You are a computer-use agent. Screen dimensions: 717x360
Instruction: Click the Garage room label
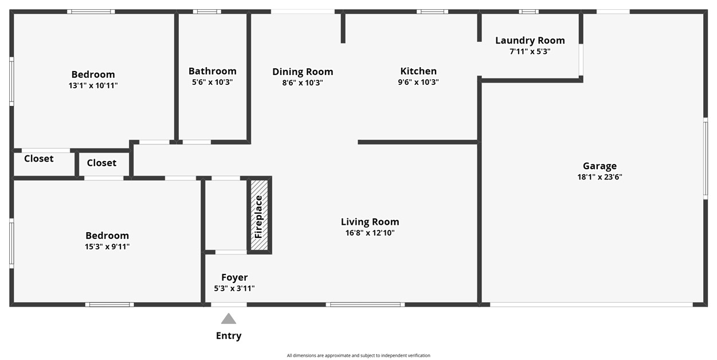point(600,166)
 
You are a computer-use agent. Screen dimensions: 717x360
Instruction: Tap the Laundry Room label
point(530,40)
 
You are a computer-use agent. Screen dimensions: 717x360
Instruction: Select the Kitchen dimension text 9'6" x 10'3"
point(418,82)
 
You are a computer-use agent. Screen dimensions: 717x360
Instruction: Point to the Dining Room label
point(303,72)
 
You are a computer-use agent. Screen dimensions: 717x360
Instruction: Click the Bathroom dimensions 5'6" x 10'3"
point(212,82)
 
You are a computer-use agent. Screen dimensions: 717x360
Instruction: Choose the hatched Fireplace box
point(259,214)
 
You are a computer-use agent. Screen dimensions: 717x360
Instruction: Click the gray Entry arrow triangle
point(229,319)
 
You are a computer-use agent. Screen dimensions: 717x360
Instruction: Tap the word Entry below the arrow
point(229,336)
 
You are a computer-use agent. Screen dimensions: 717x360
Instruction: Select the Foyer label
point(234,277)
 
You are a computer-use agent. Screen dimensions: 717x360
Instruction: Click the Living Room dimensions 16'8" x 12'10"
point(370,233)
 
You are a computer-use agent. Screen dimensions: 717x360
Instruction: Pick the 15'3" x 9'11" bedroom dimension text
point(107,246)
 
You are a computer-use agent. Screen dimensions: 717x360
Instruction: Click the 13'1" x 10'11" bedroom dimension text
point(93,85)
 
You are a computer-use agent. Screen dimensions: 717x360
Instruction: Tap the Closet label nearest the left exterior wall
point(39,159)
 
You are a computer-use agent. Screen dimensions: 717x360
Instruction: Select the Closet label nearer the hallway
point(101,163)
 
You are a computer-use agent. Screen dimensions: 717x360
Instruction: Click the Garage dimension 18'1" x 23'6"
point(600,177)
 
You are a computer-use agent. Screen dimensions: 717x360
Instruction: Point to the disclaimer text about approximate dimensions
point(359,355)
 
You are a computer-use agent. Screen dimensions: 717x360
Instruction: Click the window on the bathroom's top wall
point(207,12)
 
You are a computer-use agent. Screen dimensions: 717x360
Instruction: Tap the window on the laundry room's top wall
point(529,12)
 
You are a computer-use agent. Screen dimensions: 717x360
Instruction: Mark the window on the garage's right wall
point(706,159)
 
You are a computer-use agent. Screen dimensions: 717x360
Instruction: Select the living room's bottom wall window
point(365,304)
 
